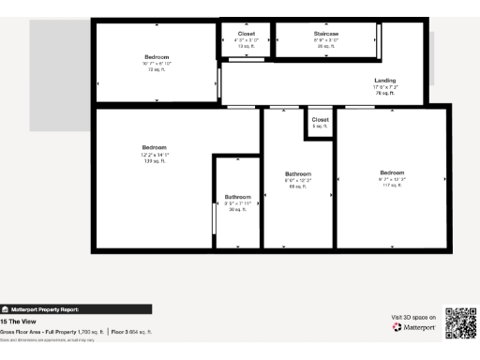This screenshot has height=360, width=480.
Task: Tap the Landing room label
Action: (384, 81)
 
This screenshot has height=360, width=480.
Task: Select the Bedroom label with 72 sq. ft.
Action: (157, 58)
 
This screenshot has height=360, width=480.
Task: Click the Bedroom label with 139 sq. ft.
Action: (155, 148)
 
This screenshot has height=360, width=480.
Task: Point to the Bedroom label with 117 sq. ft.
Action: (392, 172)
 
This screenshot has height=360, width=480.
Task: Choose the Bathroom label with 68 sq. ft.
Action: (298, 174)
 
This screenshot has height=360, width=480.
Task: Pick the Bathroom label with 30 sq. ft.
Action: (237, 197)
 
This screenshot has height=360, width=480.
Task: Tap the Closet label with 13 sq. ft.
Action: (247, 34)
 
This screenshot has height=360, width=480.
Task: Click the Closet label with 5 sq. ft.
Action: (320, 120)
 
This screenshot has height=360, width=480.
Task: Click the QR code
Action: (460, 322)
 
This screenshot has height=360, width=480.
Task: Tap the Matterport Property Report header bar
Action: (75, 308)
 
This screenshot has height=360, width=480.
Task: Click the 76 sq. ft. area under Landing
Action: (384, 94)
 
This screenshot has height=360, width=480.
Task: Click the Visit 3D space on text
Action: (413, 318)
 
